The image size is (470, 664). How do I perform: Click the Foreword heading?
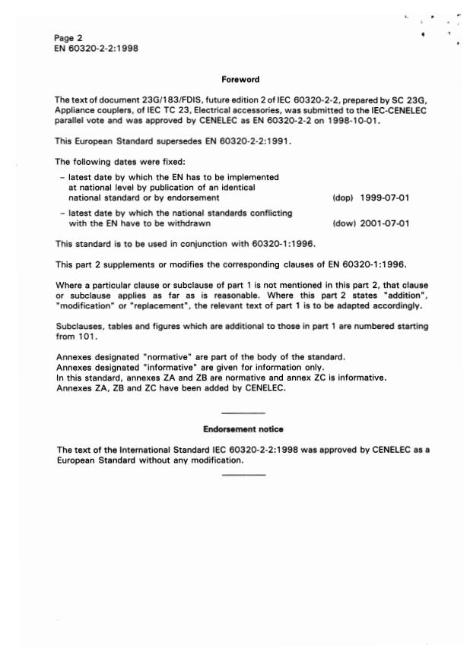[240, 79]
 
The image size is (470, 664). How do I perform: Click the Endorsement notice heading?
[243, 429]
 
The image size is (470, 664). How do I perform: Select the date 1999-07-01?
[386, 198]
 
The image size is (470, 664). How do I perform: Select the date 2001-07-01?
[386, 223]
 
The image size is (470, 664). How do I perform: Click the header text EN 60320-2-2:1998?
[96, 49]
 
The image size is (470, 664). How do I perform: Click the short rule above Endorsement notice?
[243, 412]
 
